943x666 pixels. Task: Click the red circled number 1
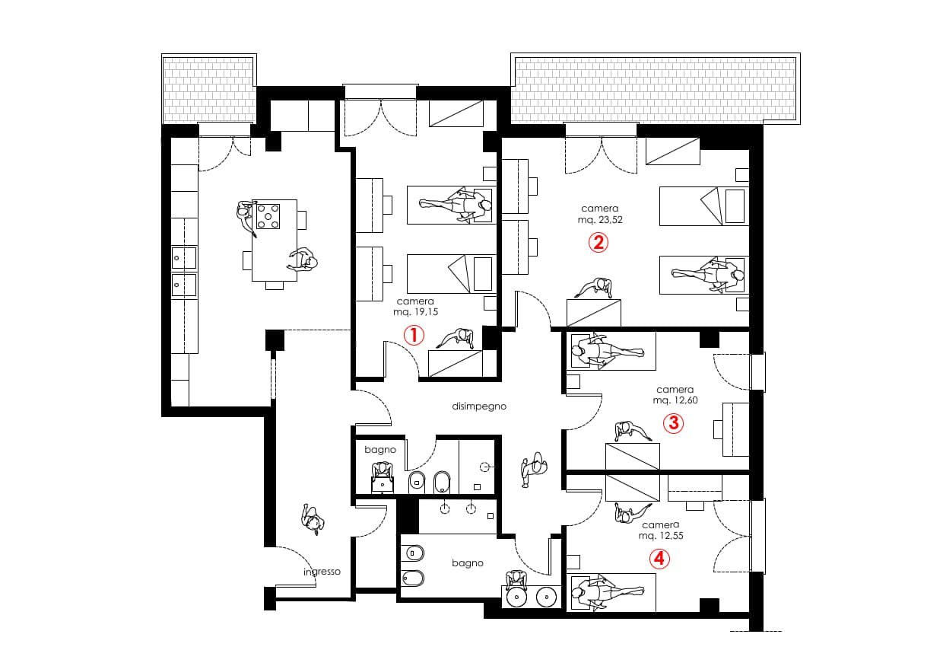pos(413,335)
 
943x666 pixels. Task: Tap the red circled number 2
pos(598,243)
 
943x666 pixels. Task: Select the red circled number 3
pos(673,422)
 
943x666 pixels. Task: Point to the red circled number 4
pos(659,559)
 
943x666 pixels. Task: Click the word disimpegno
pos(479,406)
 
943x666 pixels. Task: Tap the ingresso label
pos(322,572)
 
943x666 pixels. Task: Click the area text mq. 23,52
pos(600,219)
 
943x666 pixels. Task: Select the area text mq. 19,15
pos(415,311)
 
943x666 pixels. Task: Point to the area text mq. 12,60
pos(675,400)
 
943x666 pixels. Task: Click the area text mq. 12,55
pos(661,536)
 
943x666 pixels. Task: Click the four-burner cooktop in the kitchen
pos(267,215)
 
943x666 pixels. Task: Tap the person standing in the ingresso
pos(312,520)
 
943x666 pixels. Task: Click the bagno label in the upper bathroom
pos(379,450)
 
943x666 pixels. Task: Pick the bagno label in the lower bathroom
pos(468,563)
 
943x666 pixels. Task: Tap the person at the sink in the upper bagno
pos(382,471)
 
